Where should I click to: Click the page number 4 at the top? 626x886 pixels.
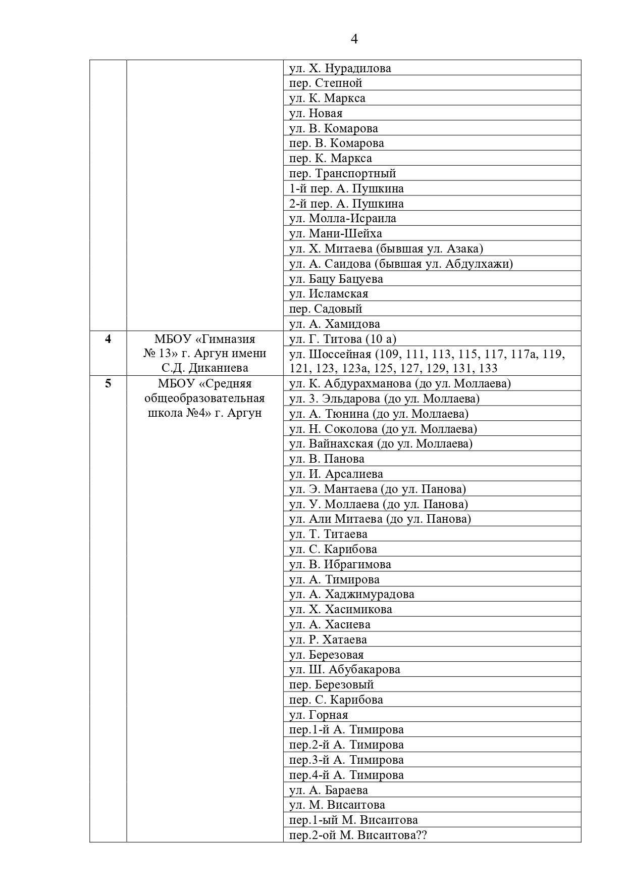(354, 39)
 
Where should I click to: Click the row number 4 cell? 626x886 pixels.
(108, 339)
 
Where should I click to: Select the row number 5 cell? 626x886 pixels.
(108, 384)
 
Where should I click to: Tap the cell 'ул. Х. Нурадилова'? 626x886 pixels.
(340, 68)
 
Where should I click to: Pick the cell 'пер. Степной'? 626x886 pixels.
(326, 83)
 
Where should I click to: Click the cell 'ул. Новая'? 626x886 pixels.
(316, 113)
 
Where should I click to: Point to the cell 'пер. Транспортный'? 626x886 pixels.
(342, 173)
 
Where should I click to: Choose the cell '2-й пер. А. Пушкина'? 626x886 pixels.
(346, 204)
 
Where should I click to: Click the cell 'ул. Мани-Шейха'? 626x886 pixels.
(335, 233)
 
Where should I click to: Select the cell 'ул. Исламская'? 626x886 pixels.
(329, 293)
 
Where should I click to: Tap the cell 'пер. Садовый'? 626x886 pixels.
(326, 309)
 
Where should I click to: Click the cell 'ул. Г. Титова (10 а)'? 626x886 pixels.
(339, 339)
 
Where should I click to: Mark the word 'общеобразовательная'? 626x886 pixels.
(204, 399)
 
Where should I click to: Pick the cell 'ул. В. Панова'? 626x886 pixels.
(327, 459)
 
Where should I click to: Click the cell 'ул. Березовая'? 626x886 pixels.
(326, 655)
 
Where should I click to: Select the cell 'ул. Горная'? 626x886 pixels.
(319, 715)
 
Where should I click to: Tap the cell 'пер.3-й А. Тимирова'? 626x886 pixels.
(346, 760)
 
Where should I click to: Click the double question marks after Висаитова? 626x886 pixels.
(421, 835)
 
